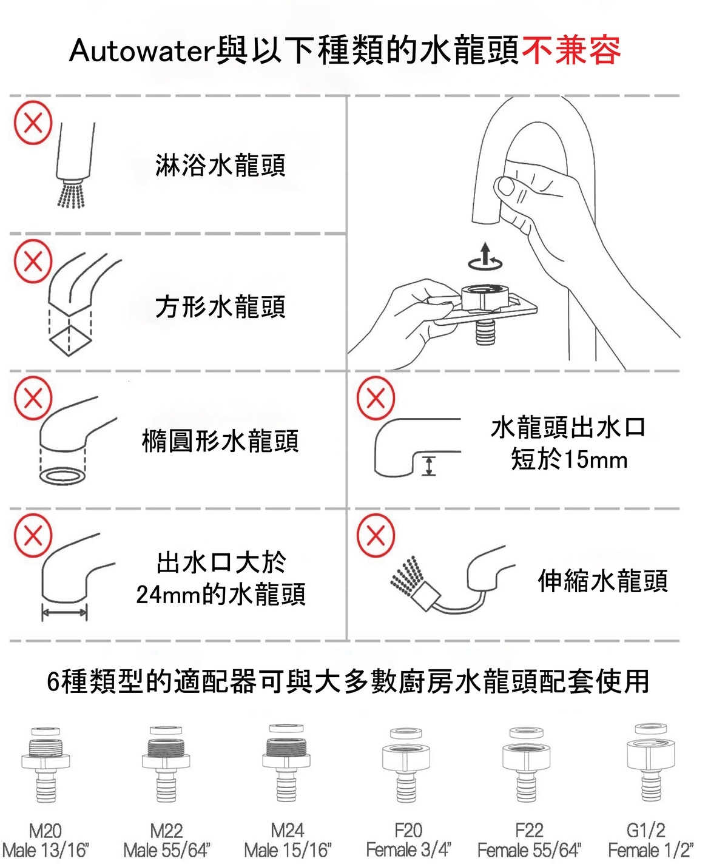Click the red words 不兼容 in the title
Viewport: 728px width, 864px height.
(571, 50)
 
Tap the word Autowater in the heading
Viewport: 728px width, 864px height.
(141, 51)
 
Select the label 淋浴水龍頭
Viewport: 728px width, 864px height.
(220, 165)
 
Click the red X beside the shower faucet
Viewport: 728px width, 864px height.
(33, 123)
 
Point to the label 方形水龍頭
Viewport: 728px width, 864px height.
(220, 306)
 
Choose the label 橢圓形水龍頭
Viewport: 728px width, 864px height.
(220, 441)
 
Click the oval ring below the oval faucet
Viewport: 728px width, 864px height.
(62, 474)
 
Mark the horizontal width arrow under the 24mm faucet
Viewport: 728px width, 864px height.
(64, 613)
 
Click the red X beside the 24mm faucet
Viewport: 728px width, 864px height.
(33, 535)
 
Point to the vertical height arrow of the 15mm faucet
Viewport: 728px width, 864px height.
(429, 465)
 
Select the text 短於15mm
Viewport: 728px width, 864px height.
(569, 459)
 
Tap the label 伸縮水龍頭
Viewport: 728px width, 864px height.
(602, 581)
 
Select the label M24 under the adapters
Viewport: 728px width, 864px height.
(287, 830)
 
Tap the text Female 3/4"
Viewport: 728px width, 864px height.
(408, 850)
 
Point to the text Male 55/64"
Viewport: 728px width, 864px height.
(166, 850)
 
